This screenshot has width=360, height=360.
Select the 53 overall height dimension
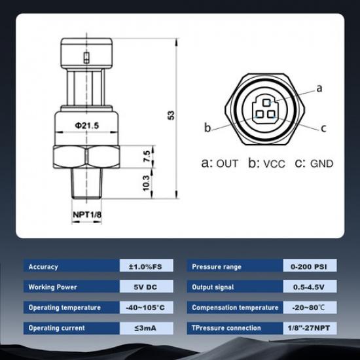pos(171,115)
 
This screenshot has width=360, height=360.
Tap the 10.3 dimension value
pos(147,182)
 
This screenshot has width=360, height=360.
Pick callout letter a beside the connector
pos(319,88)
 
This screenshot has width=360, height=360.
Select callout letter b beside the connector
pos(207,127)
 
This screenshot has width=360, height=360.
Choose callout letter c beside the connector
pos(323,128)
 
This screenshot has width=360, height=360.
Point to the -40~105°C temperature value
pos(145,307)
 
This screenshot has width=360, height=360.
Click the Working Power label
pos(52,287)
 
